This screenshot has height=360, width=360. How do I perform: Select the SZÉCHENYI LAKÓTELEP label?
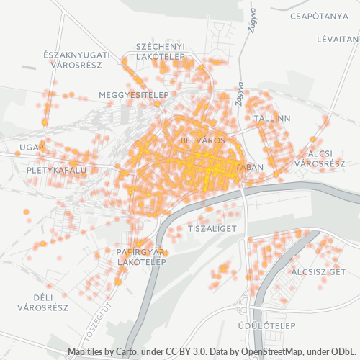[161, 52]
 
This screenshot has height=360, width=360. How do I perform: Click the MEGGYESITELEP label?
[133, 95]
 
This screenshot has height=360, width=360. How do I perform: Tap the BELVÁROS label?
[204, 140]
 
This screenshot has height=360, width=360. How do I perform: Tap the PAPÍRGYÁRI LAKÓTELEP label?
[142, 256]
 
